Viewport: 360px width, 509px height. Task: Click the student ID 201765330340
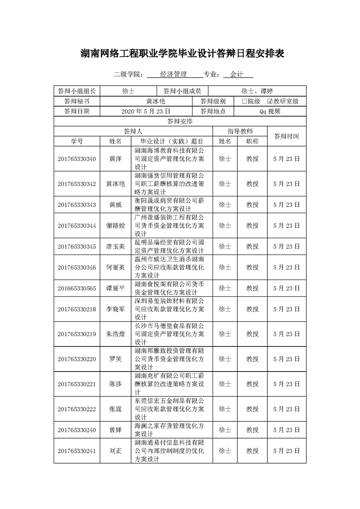tap(77, 159)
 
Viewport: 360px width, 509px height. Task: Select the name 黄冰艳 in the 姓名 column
tap(115, 184)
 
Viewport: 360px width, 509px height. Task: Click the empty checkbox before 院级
tap(245, 101)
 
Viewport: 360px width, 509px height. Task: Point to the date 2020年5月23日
tap(146, 111)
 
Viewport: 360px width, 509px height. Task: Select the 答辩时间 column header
tap(286, 136)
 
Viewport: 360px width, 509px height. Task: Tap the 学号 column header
tap(77, 141)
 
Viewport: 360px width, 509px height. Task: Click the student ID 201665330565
tap(77, 288)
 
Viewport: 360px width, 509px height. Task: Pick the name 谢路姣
tap(115, 225)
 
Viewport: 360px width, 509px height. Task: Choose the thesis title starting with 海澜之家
tap(169, 430)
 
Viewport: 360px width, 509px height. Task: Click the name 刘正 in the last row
tap(115, 451)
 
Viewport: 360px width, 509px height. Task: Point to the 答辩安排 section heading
tap(180, 121)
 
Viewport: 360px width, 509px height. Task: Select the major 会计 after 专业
tap(237, 74)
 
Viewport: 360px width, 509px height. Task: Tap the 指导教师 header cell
tap(240, 131)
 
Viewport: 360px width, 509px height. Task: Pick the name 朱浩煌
tap(115, 334)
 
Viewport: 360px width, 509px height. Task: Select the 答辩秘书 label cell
tap(77, 101)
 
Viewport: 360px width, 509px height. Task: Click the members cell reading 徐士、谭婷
tap(257, 91)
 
